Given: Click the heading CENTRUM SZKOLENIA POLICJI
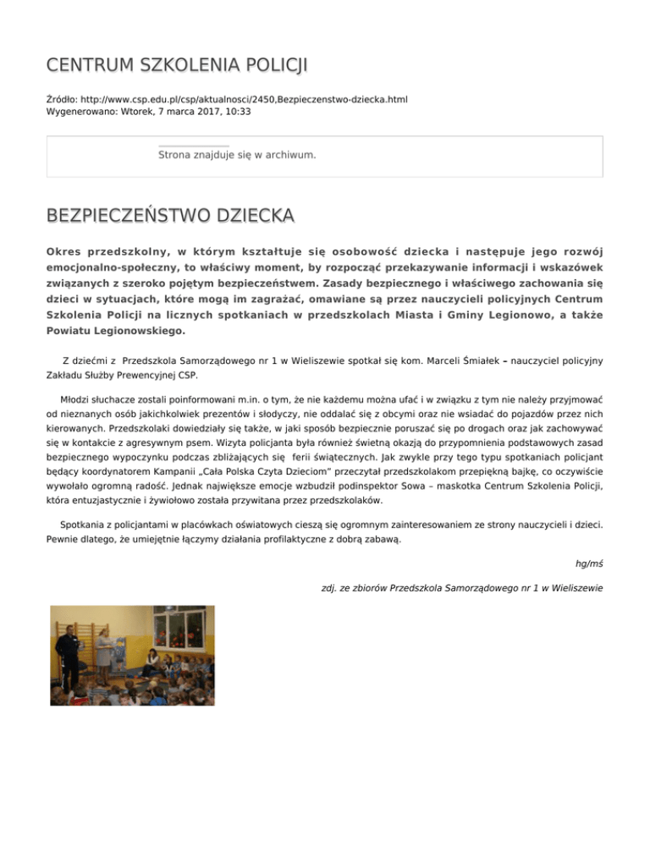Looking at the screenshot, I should tap(177, 65).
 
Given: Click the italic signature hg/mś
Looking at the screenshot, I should tap(588, 563).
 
